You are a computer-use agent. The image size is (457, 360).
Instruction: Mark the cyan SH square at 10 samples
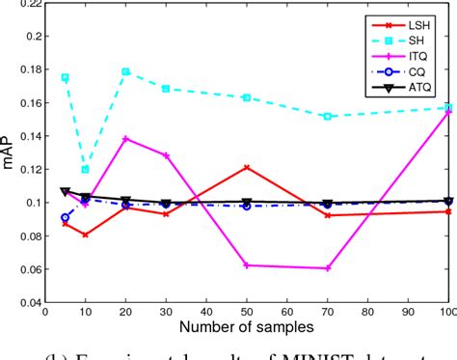(x=85, y=170)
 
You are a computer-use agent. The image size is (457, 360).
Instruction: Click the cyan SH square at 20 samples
(x=125, y=71)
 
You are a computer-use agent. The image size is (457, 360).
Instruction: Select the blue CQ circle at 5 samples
(x=65, y=218)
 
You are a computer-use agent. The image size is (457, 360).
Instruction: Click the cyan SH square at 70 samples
(x=328, y=116)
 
